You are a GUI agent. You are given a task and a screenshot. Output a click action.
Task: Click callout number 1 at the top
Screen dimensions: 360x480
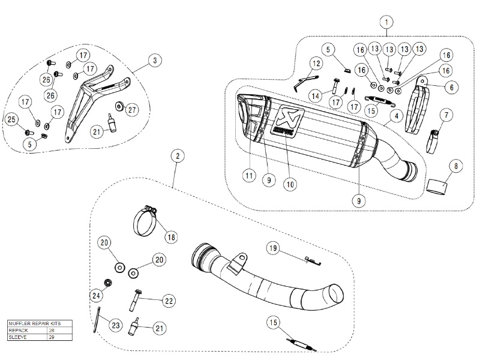[387, 23]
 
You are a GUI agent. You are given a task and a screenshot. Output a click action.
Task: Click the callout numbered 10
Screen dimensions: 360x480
[290, 185]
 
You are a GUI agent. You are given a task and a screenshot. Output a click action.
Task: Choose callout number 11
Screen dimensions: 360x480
[247, 175]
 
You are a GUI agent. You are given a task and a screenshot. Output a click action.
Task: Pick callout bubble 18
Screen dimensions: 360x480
[172, 236]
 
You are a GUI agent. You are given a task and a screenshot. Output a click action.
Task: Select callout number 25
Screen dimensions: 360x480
[11, 121]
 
